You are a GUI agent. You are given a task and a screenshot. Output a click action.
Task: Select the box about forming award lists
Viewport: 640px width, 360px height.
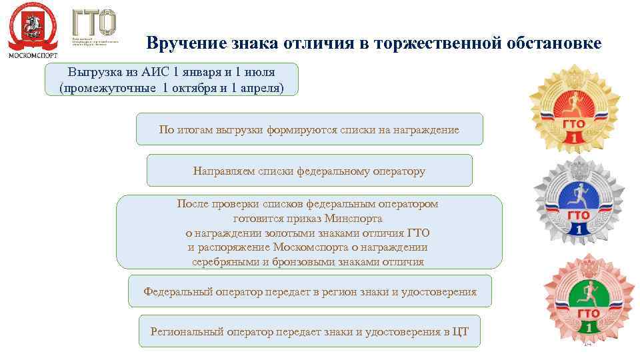coord(309,129)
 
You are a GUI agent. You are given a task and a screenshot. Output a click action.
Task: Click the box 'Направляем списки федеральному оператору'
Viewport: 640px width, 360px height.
coord(309,171)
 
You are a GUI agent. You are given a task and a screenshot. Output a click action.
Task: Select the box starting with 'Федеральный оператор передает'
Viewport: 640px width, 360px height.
coord(309,291)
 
